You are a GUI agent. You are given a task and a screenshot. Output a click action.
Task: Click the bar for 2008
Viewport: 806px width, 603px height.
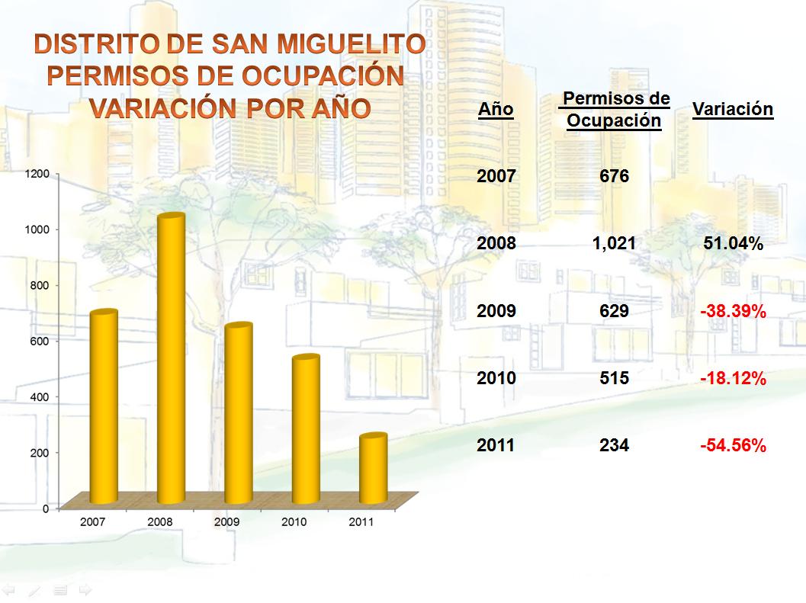(171, 358)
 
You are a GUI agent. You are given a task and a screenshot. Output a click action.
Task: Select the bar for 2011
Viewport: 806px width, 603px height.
(373, 469)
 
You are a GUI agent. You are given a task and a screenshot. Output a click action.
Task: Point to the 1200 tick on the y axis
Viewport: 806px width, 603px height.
(40, 174)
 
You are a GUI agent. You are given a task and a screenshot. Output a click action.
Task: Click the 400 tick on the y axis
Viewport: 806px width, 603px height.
(40, 396)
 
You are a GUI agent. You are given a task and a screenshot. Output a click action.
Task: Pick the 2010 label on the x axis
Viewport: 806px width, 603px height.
(294, 522)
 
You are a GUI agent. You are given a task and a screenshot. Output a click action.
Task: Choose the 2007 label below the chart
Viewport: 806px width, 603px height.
(92, 522)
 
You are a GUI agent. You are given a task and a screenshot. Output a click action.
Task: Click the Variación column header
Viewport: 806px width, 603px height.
(732, 109)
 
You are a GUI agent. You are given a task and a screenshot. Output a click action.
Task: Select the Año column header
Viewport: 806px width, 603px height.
(496, 110)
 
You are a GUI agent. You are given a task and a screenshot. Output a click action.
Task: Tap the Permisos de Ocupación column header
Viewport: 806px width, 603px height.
(615, 109)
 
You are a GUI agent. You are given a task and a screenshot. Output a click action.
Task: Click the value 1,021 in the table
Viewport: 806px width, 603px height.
(614, 244)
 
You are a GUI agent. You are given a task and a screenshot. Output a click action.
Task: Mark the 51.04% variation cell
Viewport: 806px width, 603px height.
(733, 244)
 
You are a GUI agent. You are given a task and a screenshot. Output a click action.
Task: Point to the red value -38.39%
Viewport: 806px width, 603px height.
(733, 311)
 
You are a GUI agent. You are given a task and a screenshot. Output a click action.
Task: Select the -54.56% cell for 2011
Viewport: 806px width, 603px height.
(733, 446)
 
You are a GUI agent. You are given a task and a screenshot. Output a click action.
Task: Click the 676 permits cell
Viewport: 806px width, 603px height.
(614, 177)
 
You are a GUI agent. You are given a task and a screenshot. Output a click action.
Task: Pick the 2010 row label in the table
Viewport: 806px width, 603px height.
(496, 378)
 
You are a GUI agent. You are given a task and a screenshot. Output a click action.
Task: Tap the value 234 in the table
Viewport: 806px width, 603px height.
(614, 445)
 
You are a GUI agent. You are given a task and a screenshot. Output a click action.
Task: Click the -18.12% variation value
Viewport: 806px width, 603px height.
(733, 378)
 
